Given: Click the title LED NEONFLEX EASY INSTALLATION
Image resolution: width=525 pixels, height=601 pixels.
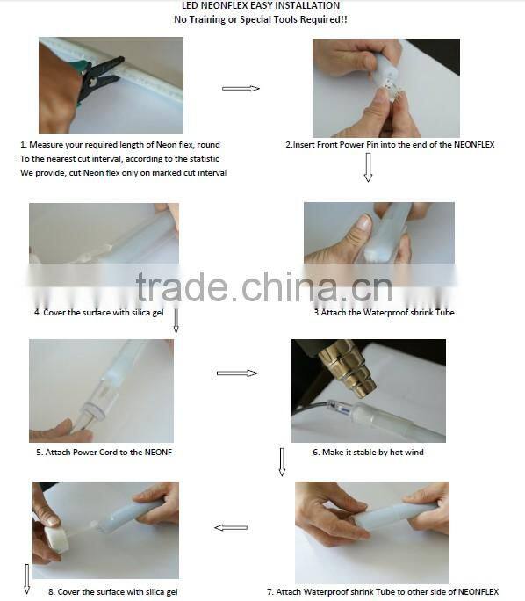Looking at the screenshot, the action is [x=261, y=5].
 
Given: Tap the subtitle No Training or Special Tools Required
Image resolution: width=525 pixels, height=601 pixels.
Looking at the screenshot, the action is [x=261, y=19].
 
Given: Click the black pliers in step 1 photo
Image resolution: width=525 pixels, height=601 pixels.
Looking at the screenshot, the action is [x=100, y=78].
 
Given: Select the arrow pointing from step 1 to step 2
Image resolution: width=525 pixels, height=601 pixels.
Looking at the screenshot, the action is [x=241, y=89].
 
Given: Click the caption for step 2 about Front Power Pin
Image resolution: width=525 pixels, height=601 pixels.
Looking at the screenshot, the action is [x=390, y=144].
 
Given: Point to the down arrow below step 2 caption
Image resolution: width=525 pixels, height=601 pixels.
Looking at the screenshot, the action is [x=368, y=167].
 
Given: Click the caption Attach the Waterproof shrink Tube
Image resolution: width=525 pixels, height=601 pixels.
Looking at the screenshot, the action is [x=384, y=313].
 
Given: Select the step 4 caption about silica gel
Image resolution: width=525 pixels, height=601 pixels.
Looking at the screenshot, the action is [x=99, y=313].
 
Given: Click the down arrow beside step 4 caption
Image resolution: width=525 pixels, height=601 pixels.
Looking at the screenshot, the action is [x=176, y=321].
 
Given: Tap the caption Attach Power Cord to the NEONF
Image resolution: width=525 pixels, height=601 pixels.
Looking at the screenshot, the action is [x=104, y=453].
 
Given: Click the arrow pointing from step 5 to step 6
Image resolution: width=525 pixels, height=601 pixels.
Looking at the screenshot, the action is [x=237, y=373].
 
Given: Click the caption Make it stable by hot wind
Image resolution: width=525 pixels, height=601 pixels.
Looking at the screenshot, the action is [x=368, y=453].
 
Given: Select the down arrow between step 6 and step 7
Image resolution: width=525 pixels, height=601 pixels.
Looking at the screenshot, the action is [x=282, y=462].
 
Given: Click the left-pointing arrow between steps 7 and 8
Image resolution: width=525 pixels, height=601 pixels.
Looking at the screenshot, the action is [x=231, y=528].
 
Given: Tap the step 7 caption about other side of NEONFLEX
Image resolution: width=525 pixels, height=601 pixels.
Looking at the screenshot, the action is [x=383, y=592].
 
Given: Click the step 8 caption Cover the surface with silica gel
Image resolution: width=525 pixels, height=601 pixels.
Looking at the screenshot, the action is [x=113, y=592].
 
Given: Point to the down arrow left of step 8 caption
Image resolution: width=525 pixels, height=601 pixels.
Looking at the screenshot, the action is [x=27, y=579].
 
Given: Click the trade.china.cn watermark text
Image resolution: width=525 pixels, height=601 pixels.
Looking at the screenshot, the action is [x=264, y=286].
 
